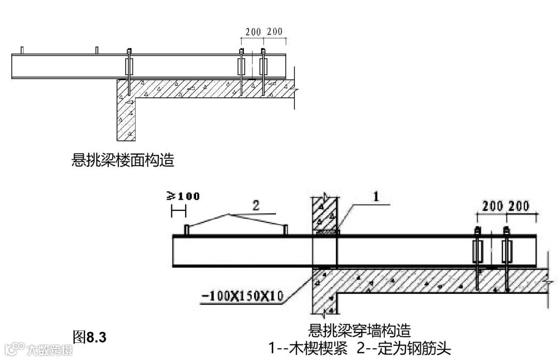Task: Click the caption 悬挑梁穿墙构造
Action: [x=359, y=329]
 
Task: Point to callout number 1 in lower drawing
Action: [x=376, y=196]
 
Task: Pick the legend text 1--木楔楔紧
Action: [x=307, y=348]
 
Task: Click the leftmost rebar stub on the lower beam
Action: [x=186, y=230]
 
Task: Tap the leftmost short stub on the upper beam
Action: [x=22, y=50]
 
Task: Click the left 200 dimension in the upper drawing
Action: [x=253, y=32]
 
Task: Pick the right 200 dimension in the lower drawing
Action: [x=519, y=206]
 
